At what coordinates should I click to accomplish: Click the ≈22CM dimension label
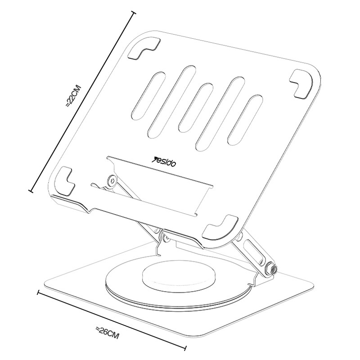tap(73, 96)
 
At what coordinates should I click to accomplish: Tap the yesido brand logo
tap(165, 162)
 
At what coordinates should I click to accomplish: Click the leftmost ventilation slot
tap(148, 96)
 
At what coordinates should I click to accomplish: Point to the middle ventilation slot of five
tap(196, 108)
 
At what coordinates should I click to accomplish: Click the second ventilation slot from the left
tap(172, 103)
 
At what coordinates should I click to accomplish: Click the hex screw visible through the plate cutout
tap(112, 180)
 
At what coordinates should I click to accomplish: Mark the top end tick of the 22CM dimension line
tap(133, 13)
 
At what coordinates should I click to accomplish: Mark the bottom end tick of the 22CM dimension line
tap(31, 190)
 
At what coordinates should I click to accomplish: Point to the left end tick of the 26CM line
tap(39, 292)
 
